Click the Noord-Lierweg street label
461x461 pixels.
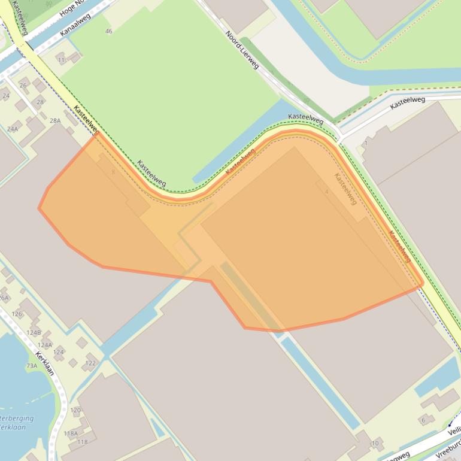tap(242, 50)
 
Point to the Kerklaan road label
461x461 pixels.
tap(44, 363)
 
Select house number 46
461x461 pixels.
tap(108, 31)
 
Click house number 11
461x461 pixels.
tap(61, 60)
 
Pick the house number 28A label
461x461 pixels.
tap(55, 120)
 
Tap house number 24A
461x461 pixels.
tap(13, 129)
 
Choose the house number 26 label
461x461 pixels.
tap(23, 86)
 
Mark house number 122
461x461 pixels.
tap(90, 363)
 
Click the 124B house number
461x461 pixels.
tap(34, 332)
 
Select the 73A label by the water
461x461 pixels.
tap(31, 366)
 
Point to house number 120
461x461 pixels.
tap(75, 410)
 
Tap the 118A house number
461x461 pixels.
tap(71, 433)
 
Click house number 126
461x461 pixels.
tap(17, 314)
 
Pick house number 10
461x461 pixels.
tap(375, 443)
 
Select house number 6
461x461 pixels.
tap(423, 420)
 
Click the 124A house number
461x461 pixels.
tap(45, 345)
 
